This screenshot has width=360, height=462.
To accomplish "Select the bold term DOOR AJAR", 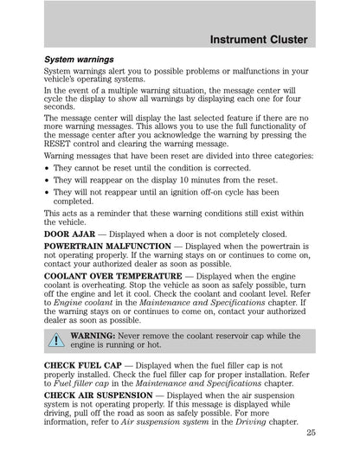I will click(x=74, y=234).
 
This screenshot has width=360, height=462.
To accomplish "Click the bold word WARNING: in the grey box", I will click(x=94, y=334).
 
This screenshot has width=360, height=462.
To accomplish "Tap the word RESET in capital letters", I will click(x=61, y=144).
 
